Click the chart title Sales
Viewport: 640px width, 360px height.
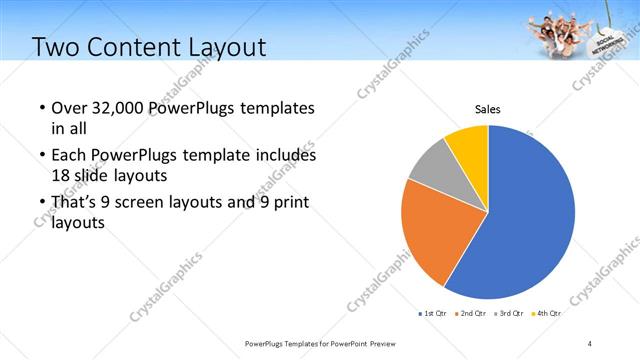(x=487, y=109)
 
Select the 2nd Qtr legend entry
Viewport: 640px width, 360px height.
(x=473, y=313)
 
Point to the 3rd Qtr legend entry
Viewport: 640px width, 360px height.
(x=510, y=313)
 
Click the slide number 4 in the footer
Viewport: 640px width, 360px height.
(x=590, y=344)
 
